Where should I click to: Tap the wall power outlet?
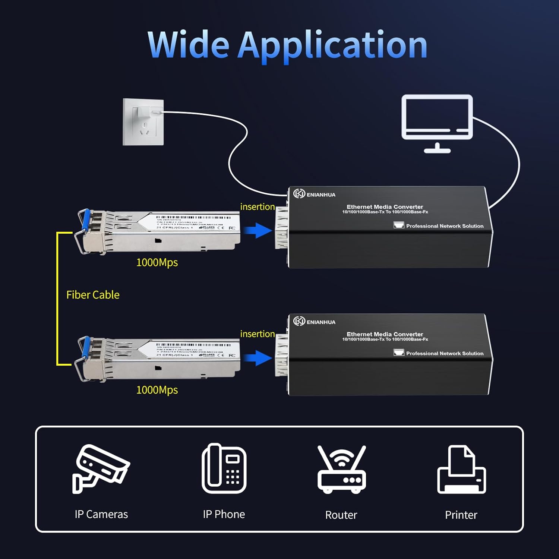(x=143, y=122)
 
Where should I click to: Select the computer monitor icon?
(x=437, y=123)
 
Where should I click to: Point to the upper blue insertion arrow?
(x=258, y=230)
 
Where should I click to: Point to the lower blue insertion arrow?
(x=258, y=358)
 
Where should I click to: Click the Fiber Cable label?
(x=93, y=295)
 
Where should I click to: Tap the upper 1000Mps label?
(x=157, y=262)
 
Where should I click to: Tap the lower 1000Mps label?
(x=157, y=390)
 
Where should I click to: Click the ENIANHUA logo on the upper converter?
(x=314, y=194)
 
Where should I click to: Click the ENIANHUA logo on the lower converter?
(x=314, y=322)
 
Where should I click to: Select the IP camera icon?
(x=101, y=469)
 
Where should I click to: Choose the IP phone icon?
(x=224, y=468)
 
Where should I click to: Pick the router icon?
(x=341, y=470)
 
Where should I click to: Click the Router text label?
(x=341, y=515)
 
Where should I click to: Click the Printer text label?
(x=461, y=515)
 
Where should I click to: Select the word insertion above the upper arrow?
(x=258, y=207)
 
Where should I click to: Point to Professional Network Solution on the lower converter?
(x=445, y=353)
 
